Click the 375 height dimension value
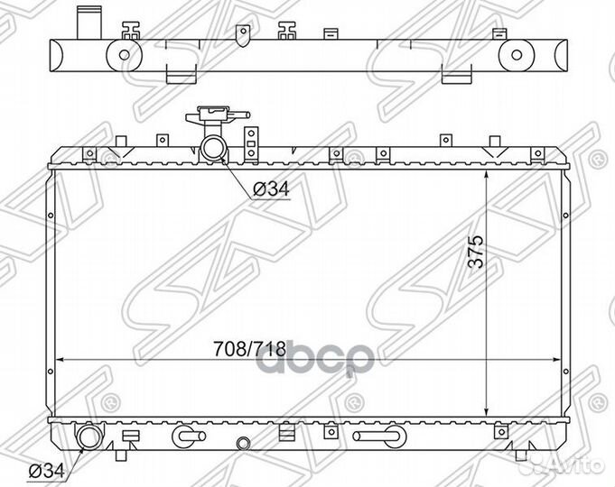point(476,251)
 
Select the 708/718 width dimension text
point(249,349)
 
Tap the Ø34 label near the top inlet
point(271,189)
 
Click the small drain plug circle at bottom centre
point(242,444)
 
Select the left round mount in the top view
point(124,55)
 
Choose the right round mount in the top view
point(517,55)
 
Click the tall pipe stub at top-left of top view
point(89,23)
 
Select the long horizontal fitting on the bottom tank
point(379,436)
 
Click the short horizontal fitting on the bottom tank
point(189,436)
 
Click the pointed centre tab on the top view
point(243,35)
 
